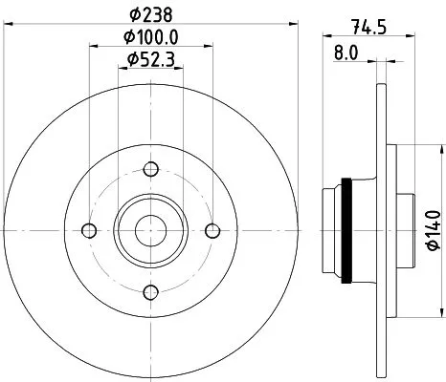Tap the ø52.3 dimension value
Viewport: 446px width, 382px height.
coord(150,60)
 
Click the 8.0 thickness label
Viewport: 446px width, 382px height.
coord(346,54)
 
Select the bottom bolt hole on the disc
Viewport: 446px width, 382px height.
coord(150,292)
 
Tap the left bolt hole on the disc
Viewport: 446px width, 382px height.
coord(89,230)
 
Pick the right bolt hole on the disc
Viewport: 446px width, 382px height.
coord(212,230)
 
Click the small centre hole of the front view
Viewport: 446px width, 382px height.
coord(150,230)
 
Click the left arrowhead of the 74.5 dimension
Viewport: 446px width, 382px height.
coord(323,39)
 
